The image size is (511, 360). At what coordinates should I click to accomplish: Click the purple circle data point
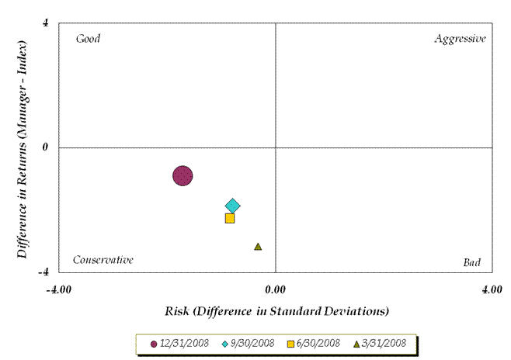click(x=182, y=176)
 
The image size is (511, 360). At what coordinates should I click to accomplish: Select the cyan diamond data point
click(x=232, y=206)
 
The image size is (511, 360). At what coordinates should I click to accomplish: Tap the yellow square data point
click(x=230, y=218)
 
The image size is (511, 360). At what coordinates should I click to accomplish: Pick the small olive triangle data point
click(x=258, y=247)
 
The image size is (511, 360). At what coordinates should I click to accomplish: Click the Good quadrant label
click(x=88, y=39)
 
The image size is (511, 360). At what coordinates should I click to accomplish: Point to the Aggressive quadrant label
click(x=460, y=39)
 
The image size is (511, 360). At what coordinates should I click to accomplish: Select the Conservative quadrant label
click(x=103, y=260)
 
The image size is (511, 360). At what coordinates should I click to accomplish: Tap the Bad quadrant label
click(x=471, y=262)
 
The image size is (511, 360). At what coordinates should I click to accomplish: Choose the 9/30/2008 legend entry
click(x=251, y=343)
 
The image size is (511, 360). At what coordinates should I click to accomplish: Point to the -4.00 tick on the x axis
click(x=59, y=290)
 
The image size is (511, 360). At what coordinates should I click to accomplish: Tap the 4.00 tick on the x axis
click(x=491, y=290)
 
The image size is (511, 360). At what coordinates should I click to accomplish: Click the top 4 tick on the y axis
click(x=46, y=22)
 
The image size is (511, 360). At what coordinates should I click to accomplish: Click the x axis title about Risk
click(x=276, y=312)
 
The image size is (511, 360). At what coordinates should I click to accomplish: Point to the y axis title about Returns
click(x=24, y=147)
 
